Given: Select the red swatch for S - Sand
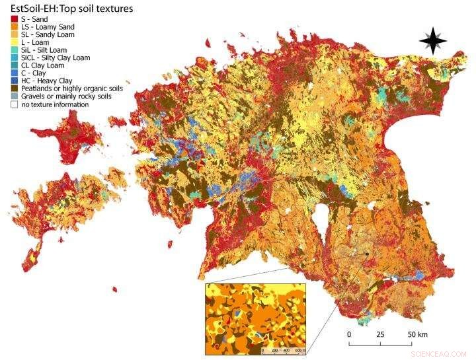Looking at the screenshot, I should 14,19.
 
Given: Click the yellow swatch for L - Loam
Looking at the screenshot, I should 14,42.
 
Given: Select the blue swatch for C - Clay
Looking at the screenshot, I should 14,73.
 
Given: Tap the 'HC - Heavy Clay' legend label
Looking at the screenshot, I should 47,81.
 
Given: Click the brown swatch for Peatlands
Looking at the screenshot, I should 14,89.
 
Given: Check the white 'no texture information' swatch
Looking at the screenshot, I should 14,104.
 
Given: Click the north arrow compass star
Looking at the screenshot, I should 433,42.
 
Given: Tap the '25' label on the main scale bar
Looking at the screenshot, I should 380,335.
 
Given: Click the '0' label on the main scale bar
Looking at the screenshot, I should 349,335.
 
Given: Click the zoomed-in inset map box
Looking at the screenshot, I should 256,318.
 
